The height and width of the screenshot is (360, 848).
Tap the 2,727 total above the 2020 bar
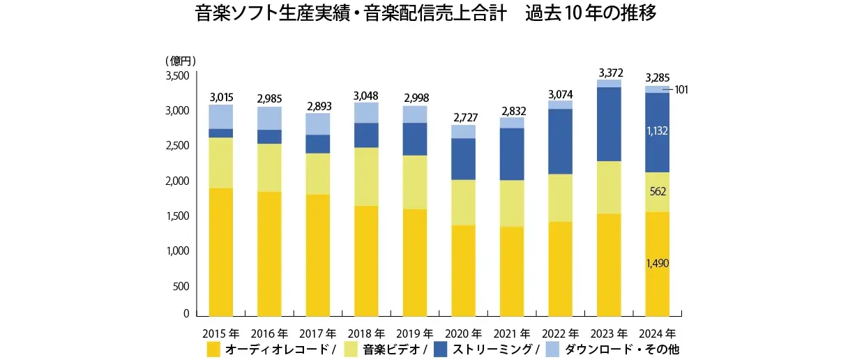click(464, 117)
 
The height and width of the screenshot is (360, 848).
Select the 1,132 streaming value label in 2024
click(657, 130)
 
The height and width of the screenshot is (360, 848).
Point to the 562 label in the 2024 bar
click(657, 190)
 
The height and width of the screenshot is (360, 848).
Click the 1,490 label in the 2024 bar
click(657, 263)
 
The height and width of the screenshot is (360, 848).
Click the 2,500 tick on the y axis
click(177, 146)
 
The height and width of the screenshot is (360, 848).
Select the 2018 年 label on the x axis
click(366, 333)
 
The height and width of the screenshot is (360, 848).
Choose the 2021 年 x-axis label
click(513, 333)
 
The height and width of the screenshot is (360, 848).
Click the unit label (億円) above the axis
click(180, 61)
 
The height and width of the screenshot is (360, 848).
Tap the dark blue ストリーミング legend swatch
click(441, 348)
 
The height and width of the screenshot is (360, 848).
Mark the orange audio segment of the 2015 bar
click(220, 251)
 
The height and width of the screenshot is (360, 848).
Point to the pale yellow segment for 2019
click(415, 181)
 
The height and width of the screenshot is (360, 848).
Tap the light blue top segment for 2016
click(269, 118)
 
